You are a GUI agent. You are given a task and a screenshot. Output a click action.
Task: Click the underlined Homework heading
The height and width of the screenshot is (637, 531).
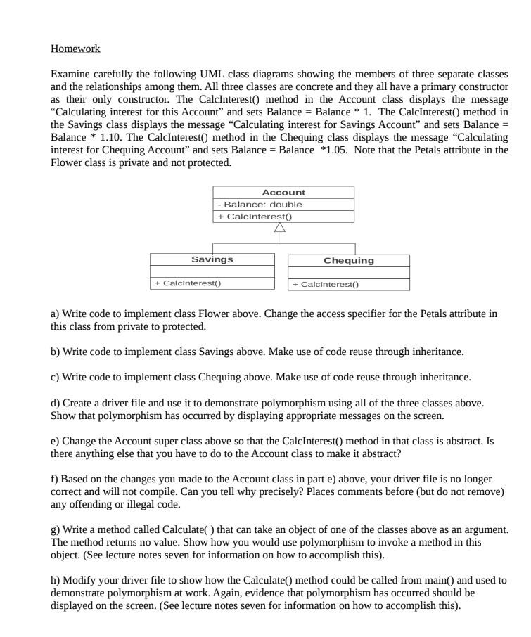click(x=75, y=49)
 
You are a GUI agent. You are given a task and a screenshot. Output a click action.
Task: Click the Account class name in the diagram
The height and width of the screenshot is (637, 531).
click(x=283, y=193)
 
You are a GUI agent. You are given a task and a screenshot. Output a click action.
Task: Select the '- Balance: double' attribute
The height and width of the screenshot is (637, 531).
click(x=260, y=205)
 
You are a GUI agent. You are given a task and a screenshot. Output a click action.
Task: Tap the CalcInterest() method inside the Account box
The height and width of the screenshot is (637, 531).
click(x=255, y=217)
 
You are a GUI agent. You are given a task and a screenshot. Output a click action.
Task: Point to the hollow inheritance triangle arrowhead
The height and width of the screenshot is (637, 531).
click(x=280, y=228)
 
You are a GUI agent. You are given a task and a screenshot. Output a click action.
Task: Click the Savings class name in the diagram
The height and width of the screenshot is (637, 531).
click(x=212, y=259)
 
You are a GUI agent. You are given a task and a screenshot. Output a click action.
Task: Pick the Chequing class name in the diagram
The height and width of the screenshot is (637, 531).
click(x=348, y=261)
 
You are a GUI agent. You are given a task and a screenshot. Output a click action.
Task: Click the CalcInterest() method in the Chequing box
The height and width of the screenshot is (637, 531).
click(x=326, y=285)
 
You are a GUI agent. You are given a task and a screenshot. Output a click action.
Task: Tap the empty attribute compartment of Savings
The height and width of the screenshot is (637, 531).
click(x=212, y=271)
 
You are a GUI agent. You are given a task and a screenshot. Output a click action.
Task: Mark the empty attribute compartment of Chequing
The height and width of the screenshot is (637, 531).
click(x=348, y=273)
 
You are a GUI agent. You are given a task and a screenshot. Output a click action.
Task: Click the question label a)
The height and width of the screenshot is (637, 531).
click(x=56, y=314)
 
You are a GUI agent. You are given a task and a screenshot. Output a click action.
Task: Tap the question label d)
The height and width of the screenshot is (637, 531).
click(x=56, y=403)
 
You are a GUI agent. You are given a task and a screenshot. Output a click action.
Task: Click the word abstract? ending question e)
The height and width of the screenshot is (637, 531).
click(x=380, y=454)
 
